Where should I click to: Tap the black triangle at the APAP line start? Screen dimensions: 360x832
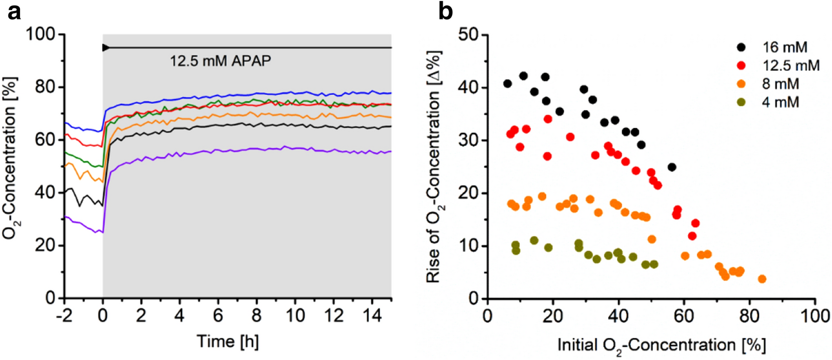(105, 48)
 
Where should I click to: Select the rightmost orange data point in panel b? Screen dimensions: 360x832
(762, 279)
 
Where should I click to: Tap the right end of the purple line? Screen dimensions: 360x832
(390, 152)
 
